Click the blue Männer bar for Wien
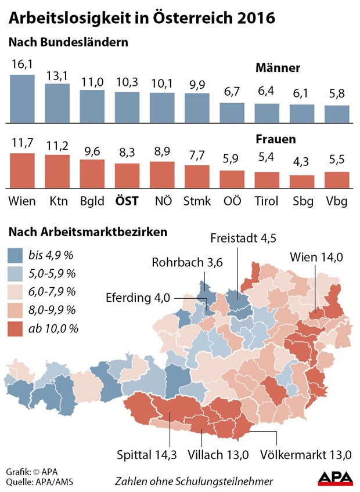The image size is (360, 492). tap(23, 98)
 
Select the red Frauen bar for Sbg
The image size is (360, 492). tap(301, 182)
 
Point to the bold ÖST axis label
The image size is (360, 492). tap(127, 201)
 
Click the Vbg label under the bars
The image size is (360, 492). tap(336, 201)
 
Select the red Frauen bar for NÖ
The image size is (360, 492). tap(162, 175)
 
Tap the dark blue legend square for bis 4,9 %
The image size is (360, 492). tap(15, 255)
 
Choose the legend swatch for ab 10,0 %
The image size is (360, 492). tap(15, 329)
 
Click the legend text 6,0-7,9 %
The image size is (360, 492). tap(52, 292)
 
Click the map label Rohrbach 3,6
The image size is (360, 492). tap(187, 262)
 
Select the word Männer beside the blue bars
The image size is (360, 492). tap(278, 68)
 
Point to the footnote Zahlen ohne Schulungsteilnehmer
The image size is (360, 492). tap(193, 482)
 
